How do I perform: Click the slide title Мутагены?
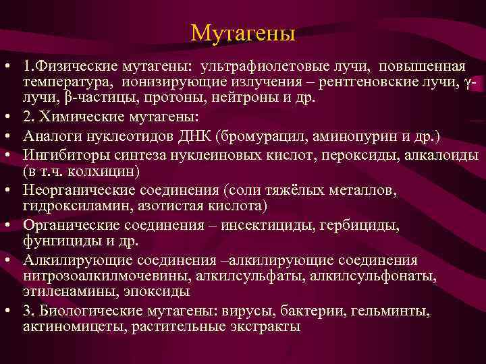(x=243, y=32)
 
